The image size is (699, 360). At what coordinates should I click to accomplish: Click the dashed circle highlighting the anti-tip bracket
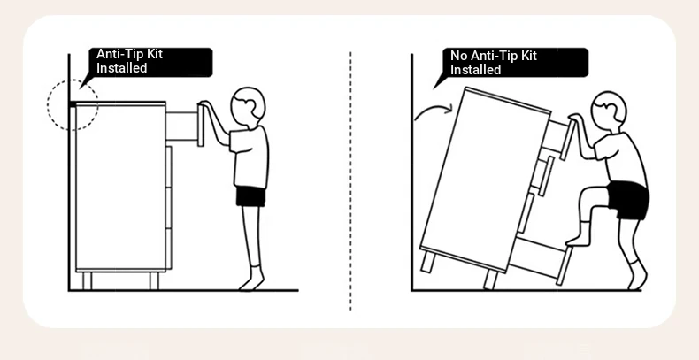pyautogui.click(x=47, y=104)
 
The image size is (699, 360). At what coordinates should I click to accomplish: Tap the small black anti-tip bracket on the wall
pyautogui.click(x=73, y=104)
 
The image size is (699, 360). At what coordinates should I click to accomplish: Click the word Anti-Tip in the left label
pyautogui.click(x=120, y=54)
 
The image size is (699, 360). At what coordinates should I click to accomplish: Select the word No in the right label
pyautogui.click(x=458, y=56)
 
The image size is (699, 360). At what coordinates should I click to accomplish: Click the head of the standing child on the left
pyautogui.click(x=248, y=103)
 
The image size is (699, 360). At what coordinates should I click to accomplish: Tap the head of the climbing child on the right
pyautogui.click(x=609, y=108)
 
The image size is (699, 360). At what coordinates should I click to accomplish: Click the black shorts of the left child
pyautogui.click(x=250, y=196)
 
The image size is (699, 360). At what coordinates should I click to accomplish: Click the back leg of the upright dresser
pyautogui.click(x=87, y=280)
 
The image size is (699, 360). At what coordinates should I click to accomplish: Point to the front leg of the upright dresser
pyautogui.click(x=154, y=280)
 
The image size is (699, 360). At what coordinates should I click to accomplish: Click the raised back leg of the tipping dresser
pyautogui.click(x=427, y=262)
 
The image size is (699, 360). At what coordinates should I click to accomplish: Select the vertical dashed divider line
pyautogui.click(x=350, y=181)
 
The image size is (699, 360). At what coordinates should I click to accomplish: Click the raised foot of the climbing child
pyautogui.click(x=578, y=241)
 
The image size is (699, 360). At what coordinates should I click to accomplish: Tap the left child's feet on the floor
pyautogui.click(x=252, y=282)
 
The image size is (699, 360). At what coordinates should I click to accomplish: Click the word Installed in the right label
pyautogui.click(x=476, y=70)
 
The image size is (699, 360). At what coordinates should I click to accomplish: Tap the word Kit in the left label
pyautogui.click(x=155, y=54)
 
